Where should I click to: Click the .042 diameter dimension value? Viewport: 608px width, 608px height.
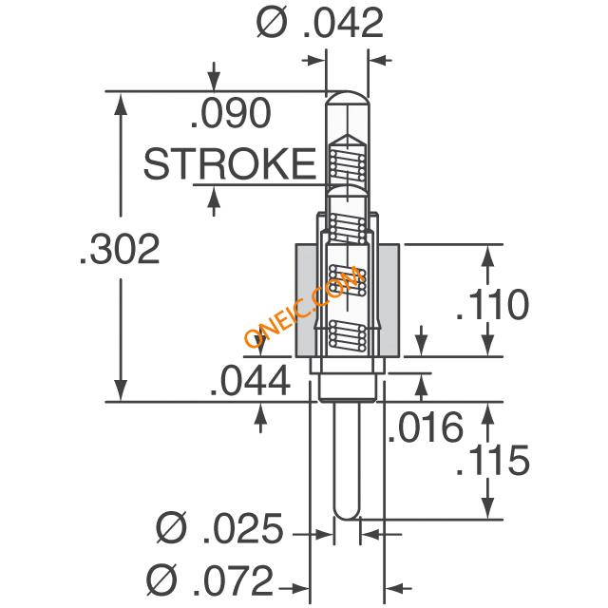343,23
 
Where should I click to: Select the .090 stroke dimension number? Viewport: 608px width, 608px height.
231,113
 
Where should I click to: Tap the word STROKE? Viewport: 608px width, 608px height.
230,163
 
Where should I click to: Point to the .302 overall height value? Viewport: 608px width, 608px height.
121,249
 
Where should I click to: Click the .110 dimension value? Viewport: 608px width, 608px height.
492,304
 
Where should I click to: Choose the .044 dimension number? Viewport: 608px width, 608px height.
251,380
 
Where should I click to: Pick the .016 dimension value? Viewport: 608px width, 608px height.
426,427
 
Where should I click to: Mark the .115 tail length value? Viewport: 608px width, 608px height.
492,460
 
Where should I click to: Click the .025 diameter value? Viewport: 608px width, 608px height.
243,528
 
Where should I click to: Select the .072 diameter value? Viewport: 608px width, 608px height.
234,580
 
